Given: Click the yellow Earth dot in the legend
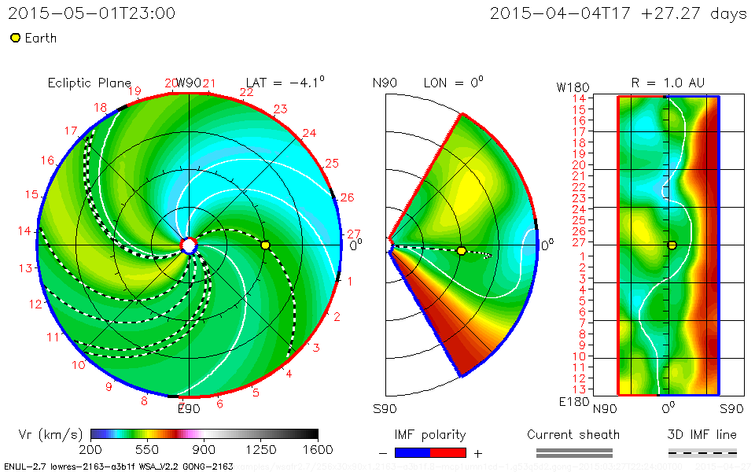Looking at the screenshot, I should point(15,38).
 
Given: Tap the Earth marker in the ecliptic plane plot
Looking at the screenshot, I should point(265,245).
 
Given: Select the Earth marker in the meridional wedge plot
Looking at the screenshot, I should point(461,251).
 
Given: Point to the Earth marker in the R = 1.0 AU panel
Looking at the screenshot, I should point(672,245).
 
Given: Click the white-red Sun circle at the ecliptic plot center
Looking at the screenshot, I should point(188,245).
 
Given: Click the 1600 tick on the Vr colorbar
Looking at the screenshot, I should point(318,449).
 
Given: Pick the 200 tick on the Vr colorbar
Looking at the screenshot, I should point(91,449).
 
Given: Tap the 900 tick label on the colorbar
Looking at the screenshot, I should point(204,449).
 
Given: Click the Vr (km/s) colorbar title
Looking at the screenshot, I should point(50,434).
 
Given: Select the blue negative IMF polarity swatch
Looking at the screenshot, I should point(413,452).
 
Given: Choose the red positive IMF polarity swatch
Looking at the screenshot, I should point(448,452).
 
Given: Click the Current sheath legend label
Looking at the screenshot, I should point(573,434).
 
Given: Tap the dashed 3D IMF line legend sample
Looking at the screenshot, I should point(702,452).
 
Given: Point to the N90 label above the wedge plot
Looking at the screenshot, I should point(385,83).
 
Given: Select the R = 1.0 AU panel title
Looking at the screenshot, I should point(668,83).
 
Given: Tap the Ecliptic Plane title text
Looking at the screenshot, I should point(90,83).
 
